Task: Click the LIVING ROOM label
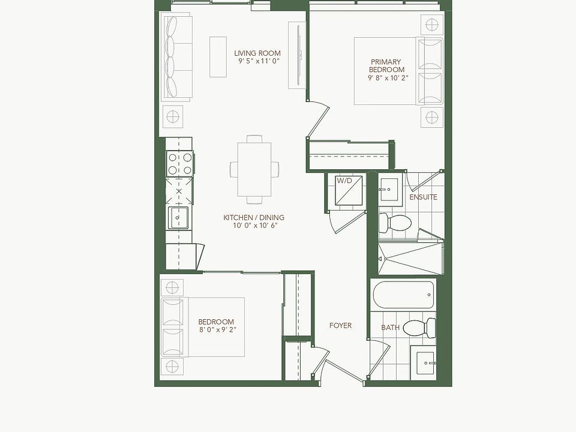coord(257,53)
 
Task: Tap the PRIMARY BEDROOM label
coord(385,65)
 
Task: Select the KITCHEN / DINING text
coord(254,218)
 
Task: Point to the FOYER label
coord(340,325)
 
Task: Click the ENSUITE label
coord(423,197)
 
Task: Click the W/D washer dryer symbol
coord(344,191)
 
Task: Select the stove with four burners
coord(180,163)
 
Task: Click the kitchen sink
coord(179,217)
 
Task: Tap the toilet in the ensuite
coord(395,224)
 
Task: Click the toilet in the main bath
coord(418,328)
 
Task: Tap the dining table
coord(254,169)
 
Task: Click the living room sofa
coord(175,58)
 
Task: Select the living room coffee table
coord(218,57)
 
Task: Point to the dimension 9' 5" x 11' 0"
coord(259,61)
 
